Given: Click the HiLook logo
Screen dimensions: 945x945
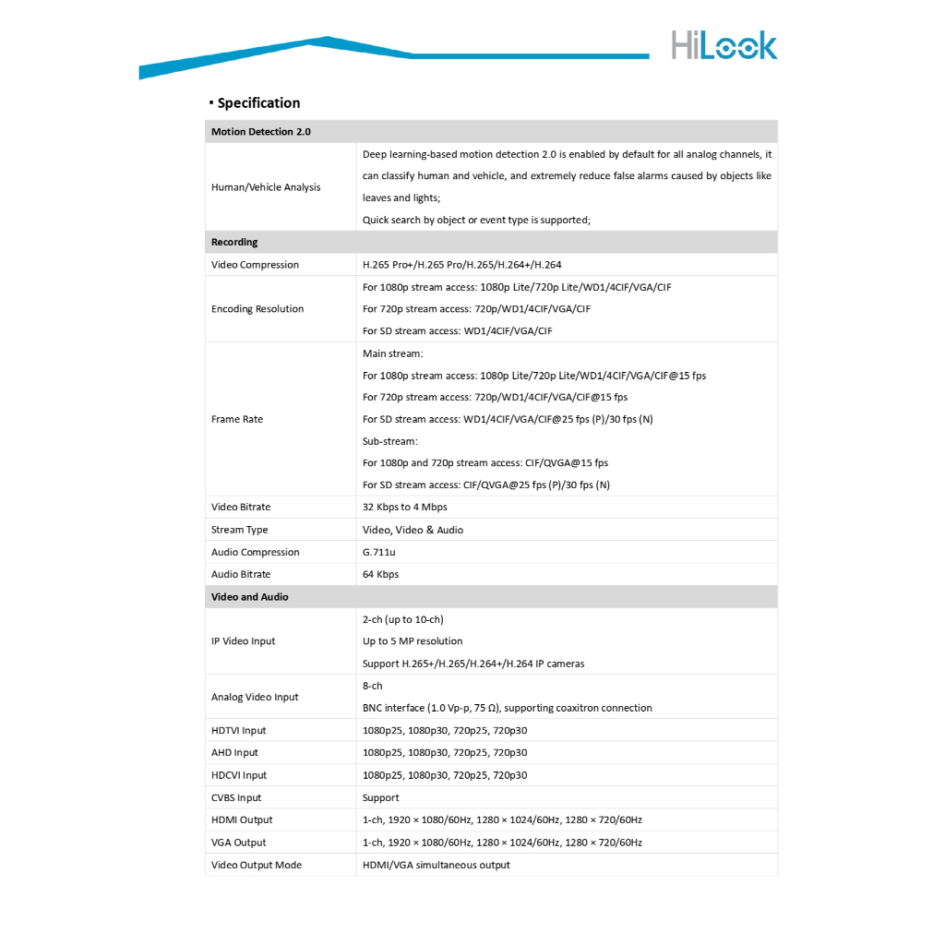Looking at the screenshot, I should pos(724,44).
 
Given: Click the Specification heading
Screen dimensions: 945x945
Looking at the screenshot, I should pos(258,103).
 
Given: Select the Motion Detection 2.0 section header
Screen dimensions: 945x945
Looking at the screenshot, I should pos(261,132).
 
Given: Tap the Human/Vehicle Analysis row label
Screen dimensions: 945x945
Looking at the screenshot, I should pos(266,187).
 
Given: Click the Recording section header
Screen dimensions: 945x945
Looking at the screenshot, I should pos(234,243).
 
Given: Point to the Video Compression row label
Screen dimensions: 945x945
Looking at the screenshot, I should pos(255,265).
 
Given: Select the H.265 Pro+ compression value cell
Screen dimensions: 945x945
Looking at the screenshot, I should pos(461,265).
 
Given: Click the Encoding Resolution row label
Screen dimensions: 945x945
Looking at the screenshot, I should pos(257,309).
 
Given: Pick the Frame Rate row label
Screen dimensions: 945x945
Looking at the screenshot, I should pos(237,419).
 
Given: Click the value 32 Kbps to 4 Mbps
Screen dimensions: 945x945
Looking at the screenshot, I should pos(405,508).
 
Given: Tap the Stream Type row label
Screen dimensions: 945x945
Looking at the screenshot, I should pos(240,530).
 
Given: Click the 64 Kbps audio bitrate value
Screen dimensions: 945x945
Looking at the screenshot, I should pos(380,575).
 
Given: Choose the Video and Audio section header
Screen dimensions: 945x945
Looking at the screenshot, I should pos(250,597).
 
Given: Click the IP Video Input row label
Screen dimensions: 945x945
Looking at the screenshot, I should pos(244,641).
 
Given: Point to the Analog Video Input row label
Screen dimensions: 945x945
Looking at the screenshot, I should pos(255,698).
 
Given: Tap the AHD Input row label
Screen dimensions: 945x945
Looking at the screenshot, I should pos(234,753).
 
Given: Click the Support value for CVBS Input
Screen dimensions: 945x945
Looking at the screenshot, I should pos(381,798).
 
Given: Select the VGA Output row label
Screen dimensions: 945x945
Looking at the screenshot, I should pos(238,843).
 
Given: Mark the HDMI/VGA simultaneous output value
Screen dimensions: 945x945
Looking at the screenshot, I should pos(437,866).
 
